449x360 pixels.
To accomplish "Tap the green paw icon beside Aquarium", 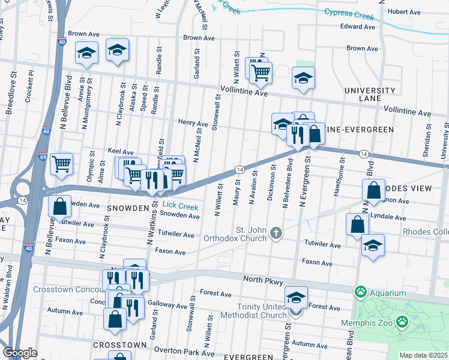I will pyautogui.click(x=360, y=293).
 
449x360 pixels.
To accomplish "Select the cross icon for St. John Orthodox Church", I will pyautogui.click(x=276, y=233).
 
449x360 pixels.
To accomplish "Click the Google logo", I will pyautogui.click(x=20, y=353).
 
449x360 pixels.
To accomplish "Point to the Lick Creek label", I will pyautogui.click(x=180, y=206).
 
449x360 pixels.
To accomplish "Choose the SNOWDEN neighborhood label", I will pyautogui.click(x=127, y=208).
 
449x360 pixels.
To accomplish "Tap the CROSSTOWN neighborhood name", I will pyautogui.click(x=120, y=345).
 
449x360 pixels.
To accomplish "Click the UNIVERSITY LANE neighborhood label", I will pyautogui.click(x=370, y=94).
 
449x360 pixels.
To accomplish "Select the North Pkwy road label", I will pyautogui.click(x=268, y=279).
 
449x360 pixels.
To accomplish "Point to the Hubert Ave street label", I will pyautogui.click(x=404, y=11).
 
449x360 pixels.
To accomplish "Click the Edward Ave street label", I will pyautogui.click(x=357, y=26).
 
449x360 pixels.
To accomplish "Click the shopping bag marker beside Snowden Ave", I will pyautogui.click(x=60, y=207).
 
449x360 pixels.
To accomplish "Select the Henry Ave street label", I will pyautogui.click(x=193, y=122).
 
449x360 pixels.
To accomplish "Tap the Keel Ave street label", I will pyautogui.click(x=120, y=152).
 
